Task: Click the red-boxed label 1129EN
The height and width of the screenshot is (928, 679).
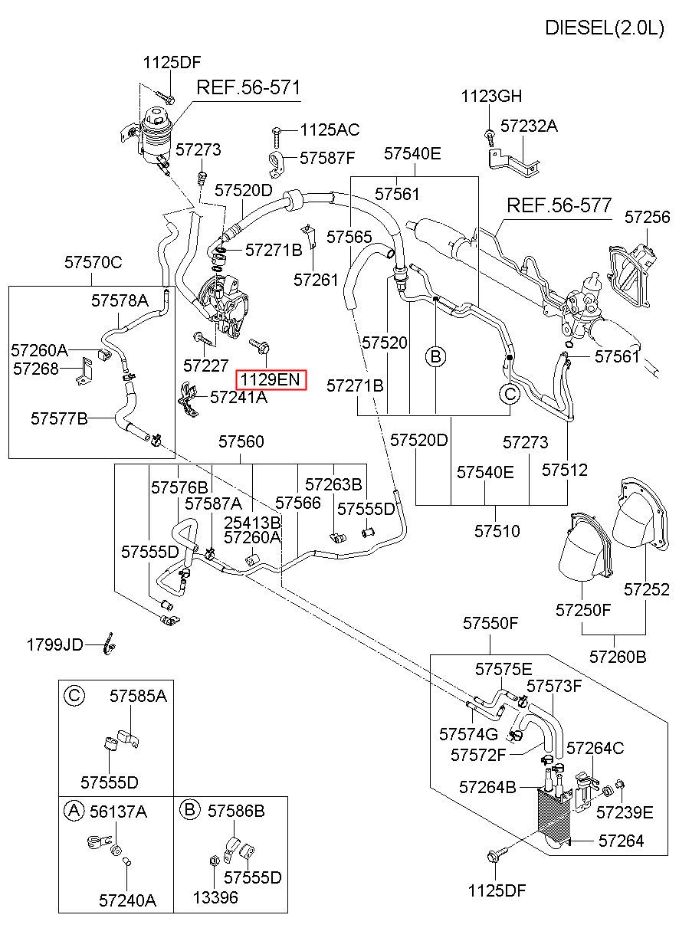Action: coord(271,379)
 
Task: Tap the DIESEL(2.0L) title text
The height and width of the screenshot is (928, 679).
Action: coord(605,28)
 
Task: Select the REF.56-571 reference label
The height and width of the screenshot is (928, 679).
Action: coord(248,87)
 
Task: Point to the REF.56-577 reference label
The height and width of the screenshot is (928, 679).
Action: coord(559,205)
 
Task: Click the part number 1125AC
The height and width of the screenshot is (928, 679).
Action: coord(330,130)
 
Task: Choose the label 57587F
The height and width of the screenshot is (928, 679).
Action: coord(327,158)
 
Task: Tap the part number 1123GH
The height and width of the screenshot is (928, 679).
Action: coord(491,96)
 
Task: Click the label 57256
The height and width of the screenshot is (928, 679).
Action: coord(647,217)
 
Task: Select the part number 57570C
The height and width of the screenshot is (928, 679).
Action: coord(93,262)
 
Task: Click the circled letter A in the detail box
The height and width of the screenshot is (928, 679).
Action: coord(74,811)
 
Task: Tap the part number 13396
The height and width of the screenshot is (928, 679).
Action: coord(215,897)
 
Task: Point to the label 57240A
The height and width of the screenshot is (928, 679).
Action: coord(127,900)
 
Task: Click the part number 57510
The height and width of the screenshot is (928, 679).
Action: coord(497,531)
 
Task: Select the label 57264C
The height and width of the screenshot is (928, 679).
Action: coord(595,748)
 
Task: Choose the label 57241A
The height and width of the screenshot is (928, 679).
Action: coord(238,397)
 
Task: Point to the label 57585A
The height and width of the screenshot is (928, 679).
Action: coord(139,696)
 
